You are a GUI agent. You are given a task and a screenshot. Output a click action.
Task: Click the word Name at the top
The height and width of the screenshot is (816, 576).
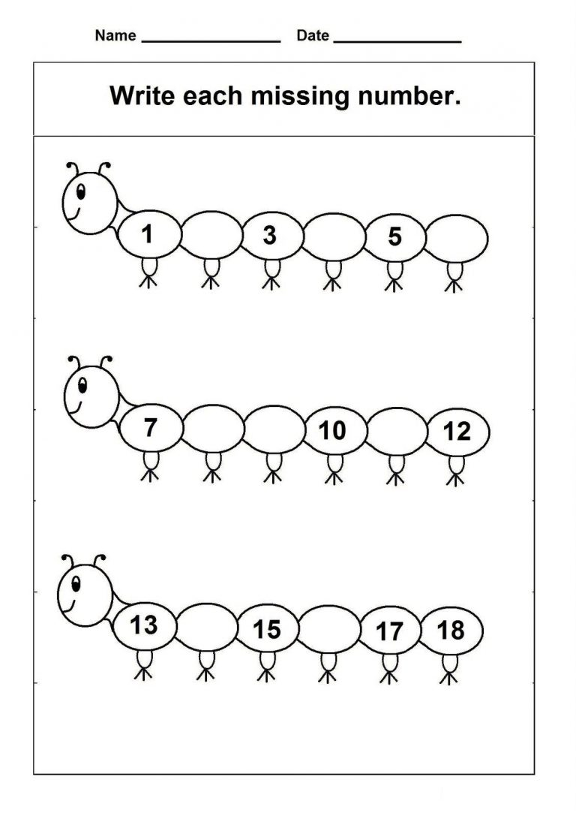click(115, 35)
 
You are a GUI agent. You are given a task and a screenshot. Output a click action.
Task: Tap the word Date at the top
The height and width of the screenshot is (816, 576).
click(313, 35)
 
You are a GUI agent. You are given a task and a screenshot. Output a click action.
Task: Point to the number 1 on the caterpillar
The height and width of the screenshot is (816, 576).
click(148, 234)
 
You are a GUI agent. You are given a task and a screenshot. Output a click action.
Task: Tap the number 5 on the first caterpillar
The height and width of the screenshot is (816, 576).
click(394, 236)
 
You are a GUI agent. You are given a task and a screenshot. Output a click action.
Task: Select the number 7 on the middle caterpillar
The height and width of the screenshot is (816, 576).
click(150, 427)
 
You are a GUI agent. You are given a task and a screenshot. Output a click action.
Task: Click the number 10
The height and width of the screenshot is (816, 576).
click(331, 431)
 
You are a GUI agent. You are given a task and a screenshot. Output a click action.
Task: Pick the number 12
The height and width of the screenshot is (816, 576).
click(457, 432)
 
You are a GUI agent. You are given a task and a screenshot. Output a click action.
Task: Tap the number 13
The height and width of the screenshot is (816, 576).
click(143, 625)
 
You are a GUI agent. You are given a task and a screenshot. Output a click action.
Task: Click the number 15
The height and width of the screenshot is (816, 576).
click(267, 629)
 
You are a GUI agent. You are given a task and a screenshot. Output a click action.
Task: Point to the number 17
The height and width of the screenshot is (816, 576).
click(389, 631)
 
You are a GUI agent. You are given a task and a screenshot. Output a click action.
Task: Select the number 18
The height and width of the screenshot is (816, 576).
click(451, 631)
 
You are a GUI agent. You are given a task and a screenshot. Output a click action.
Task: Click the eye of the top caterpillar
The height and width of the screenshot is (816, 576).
click(81, 191)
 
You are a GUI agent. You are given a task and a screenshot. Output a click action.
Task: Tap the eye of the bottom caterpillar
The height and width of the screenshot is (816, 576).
click(76, 584)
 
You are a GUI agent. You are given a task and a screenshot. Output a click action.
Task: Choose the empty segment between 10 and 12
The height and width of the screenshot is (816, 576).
click(397, 432)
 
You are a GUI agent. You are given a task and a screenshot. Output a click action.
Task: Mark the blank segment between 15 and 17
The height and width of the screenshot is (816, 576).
click(329, 628)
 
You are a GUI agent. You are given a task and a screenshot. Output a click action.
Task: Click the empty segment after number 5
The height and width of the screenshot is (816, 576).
click(457, 239)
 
